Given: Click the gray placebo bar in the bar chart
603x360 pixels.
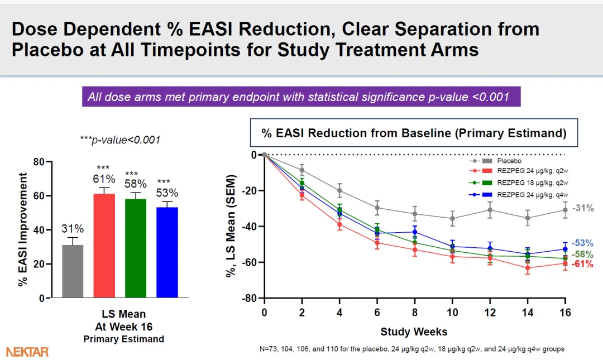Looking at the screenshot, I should [x=73, y=271].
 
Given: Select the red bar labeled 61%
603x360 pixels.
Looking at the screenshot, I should [x=104, y=246].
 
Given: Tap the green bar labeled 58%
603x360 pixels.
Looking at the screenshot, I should [x=136, y=248].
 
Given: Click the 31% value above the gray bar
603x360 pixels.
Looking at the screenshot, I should [x=73, y=229].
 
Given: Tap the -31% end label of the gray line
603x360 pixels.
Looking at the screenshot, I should [x=582, y=208].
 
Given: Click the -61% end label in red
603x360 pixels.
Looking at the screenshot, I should [x=582, y=264].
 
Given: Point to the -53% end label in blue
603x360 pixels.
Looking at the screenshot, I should [x=582, y=243].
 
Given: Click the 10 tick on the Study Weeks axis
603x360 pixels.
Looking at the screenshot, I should [x=452, y=313].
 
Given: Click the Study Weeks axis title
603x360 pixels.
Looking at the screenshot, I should [x=414, y=332].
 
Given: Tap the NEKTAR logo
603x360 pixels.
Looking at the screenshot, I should [x=27, y=352].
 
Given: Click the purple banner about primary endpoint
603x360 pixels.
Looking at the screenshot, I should [x=301, y=97].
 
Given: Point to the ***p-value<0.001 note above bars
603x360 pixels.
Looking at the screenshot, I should [x=120, y=140].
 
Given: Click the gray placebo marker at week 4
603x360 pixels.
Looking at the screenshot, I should [x=339, y=191].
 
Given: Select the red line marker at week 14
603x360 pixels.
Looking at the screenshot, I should [x=528, y=268].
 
